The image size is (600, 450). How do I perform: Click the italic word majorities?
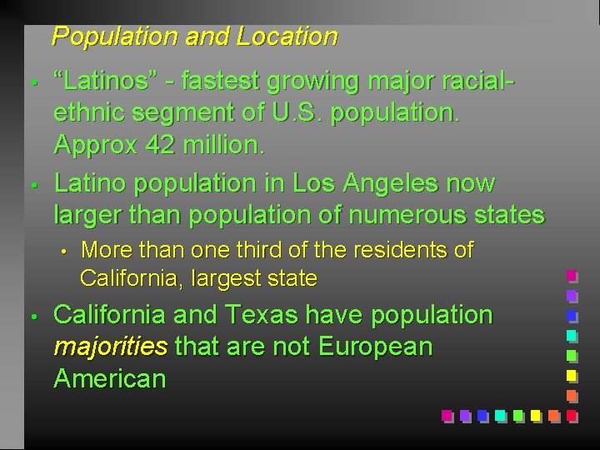click(x=108, y=347)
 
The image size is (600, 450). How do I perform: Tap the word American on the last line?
click(x=109, y=378)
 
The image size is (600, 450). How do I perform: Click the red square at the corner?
click(x=571, y=414)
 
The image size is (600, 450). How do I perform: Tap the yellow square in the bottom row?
click(x=535, y=414)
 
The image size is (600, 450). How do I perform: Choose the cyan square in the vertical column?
click(x=571, y=335)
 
